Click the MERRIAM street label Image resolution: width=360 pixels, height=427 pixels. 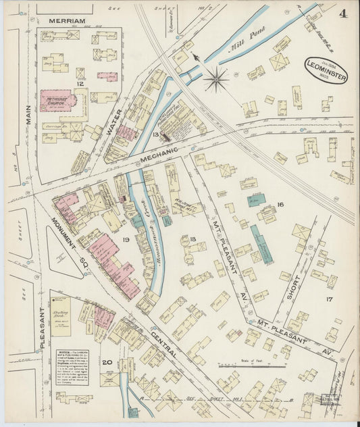point(68,21)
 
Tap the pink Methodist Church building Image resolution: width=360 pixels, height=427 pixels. point(57,101)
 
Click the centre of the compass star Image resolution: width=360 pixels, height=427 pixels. point(216,80)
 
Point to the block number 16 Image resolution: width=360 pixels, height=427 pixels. point(279,203)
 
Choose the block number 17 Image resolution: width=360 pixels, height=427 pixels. point(329,298)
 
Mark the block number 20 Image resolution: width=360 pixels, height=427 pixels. point(107,362)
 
